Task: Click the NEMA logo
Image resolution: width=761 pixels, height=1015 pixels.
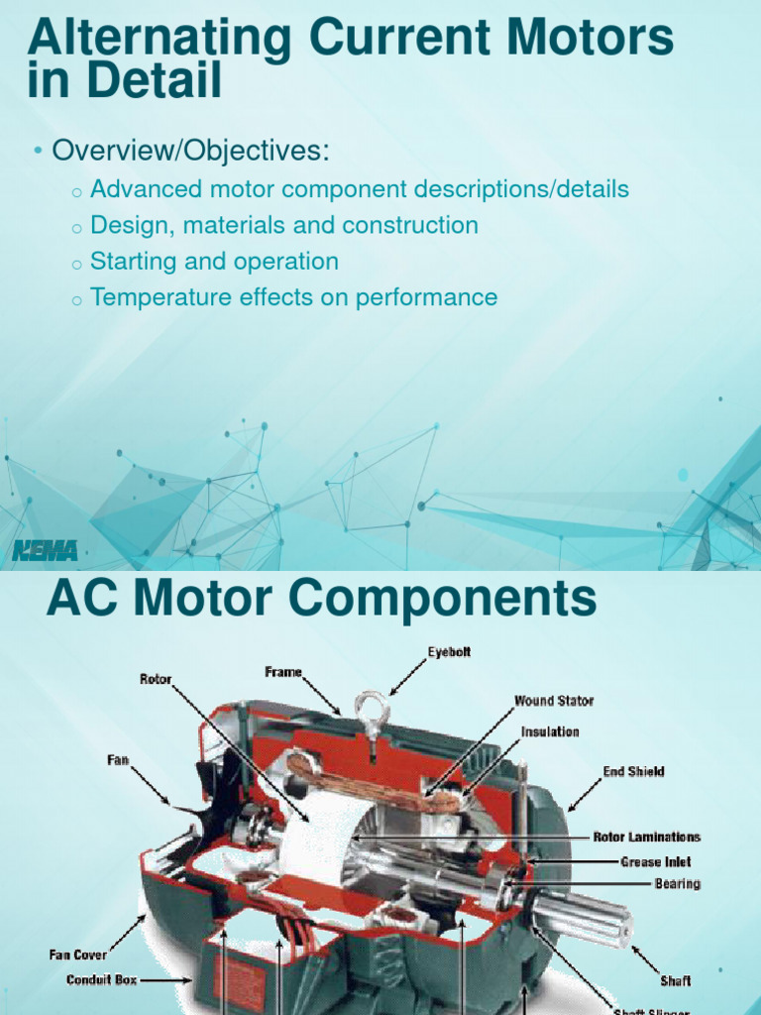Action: pos(45,550)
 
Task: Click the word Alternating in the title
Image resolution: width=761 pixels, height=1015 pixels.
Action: pos(159,40)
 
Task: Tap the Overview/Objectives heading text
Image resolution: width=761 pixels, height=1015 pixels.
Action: pos(189,152)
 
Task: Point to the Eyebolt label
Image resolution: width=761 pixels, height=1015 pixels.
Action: pos(449,652)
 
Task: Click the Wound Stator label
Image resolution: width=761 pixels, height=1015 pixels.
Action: pos(554,701)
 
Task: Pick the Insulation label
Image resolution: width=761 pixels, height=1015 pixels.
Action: pos(550,732)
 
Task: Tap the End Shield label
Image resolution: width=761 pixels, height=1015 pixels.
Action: pos(633,771)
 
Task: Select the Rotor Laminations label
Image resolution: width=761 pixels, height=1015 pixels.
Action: pos(647,838)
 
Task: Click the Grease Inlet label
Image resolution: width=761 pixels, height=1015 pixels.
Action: pos(656,862)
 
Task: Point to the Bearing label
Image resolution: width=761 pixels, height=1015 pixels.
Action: pos(677,883)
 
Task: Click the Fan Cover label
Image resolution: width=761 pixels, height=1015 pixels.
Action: pos(79,956)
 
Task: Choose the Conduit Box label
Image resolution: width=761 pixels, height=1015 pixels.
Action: pos(102,980)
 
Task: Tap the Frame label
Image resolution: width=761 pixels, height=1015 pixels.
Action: pos(283,672)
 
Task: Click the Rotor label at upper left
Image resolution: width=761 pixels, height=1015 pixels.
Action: pos(156,680)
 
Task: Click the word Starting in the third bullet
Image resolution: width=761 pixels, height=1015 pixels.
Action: pos(129,262)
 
